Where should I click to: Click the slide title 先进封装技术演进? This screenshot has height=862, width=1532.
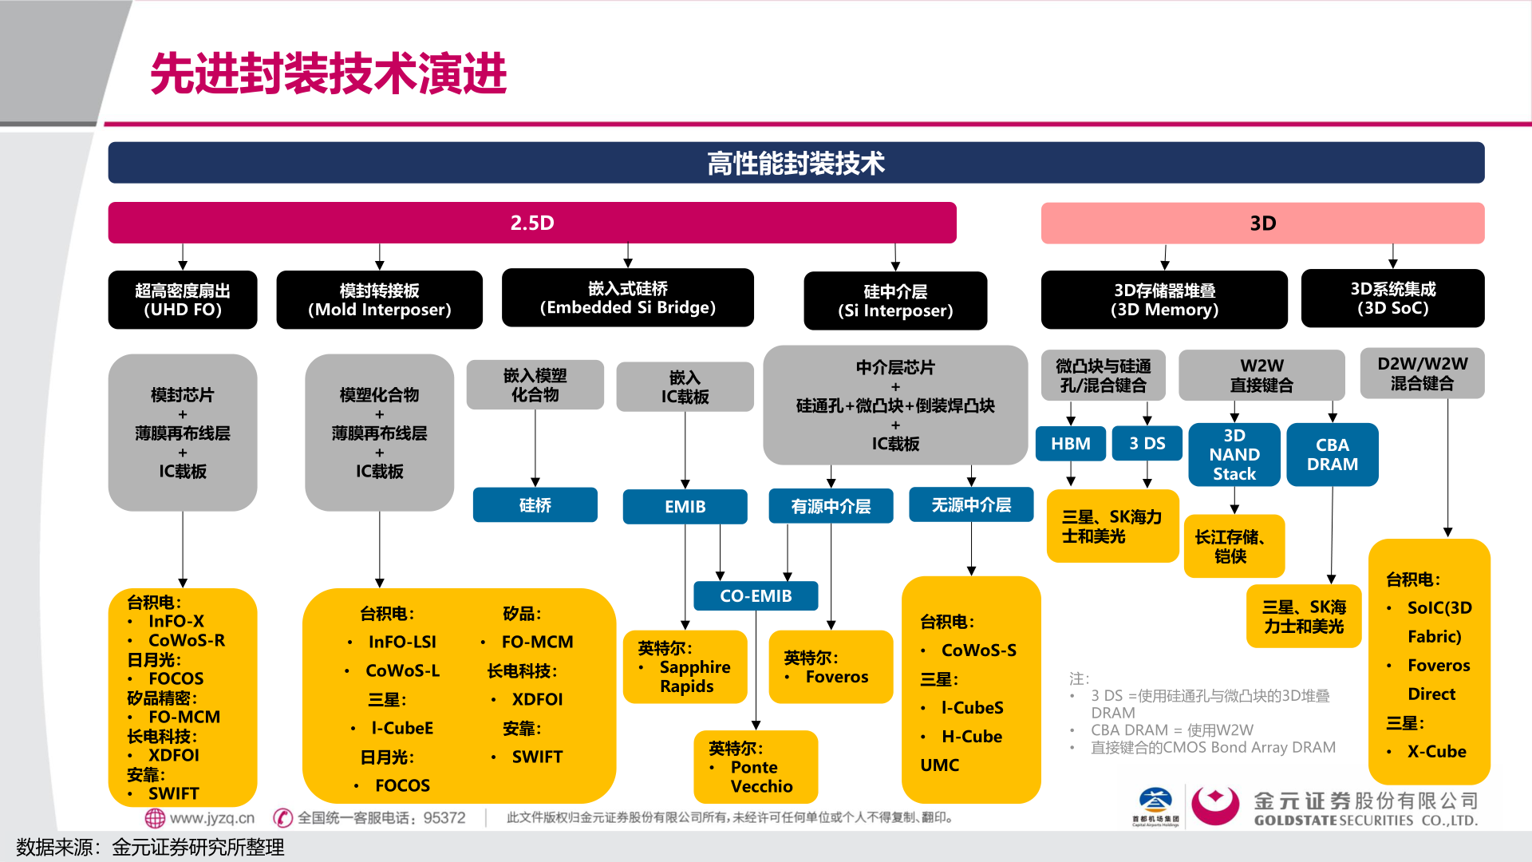tap(328, 73)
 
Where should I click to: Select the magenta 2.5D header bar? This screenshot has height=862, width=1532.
tap(532, 223)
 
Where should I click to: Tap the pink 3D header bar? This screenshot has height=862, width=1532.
tap(1262, 223)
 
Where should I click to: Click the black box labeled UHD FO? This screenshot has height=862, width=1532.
tap(183, 300)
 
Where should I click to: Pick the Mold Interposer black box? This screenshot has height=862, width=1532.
tap(379, 300)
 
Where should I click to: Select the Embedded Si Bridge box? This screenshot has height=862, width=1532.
tap(627, 298)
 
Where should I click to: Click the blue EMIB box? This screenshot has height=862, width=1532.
tap(685, 506)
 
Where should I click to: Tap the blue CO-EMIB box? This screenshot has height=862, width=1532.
tap(756, 595)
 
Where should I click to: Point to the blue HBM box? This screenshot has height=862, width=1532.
tap(1070, 444)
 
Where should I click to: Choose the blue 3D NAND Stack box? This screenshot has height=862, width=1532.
tap(1234, 454)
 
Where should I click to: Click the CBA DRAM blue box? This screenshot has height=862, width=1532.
tap(1332, 454)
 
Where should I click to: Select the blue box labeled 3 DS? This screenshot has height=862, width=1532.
tap(1147, 444)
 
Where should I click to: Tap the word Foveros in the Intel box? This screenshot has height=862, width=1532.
tap(836, 677)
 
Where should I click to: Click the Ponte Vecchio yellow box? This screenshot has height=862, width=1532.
tap(756, 767)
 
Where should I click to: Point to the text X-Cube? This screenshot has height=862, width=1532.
tap(1436, 751)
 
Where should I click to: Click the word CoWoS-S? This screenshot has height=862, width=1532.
tap(978, 650)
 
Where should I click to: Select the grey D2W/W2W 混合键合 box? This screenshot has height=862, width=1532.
tap(1422, 373)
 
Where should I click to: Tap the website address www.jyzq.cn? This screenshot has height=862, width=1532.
tap(211, 818)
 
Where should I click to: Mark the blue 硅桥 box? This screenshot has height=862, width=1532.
tap(535, 505)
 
